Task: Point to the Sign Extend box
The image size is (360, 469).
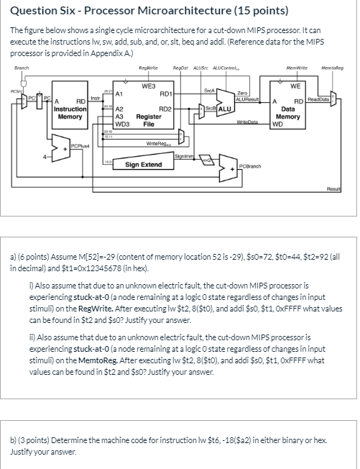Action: (x=143, y=165)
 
